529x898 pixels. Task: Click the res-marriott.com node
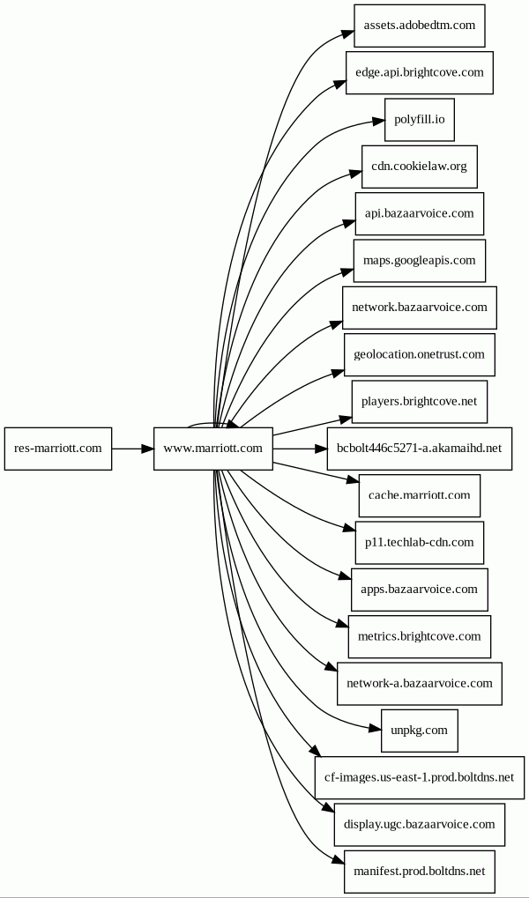(x=58, y=449)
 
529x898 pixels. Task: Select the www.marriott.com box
(x=213, y=449)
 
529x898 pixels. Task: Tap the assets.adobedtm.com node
(x=420, y=26)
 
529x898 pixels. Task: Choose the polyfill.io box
(x=420, y=120)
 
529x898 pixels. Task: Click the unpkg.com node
(x=420, y=731)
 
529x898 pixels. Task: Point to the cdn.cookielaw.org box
(x=420, y=167)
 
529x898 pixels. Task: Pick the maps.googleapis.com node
(x=420, y=261)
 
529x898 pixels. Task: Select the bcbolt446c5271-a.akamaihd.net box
(x=420, y=449)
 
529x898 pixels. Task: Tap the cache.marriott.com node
(x=420, y=495)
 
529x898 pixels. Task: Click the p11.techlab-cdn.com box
(x=420, y=542)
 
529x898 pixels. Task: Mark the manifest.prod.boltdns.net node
(x=420, y=872)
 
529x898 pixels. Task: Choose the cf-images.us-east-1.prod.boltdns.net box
(x=420, y=778)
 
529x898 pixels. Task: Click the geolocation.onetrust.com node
(x=420, y=354)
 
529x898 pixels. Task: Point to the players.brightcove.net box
(x=420, y=402)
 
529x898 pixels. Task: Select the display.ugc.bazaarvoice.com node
(x=420, y=825)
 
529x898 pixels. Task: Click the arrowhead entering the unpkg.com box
(x=374, y=729)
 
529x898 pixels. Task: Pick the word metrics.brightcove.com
(x=420, y=636)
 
